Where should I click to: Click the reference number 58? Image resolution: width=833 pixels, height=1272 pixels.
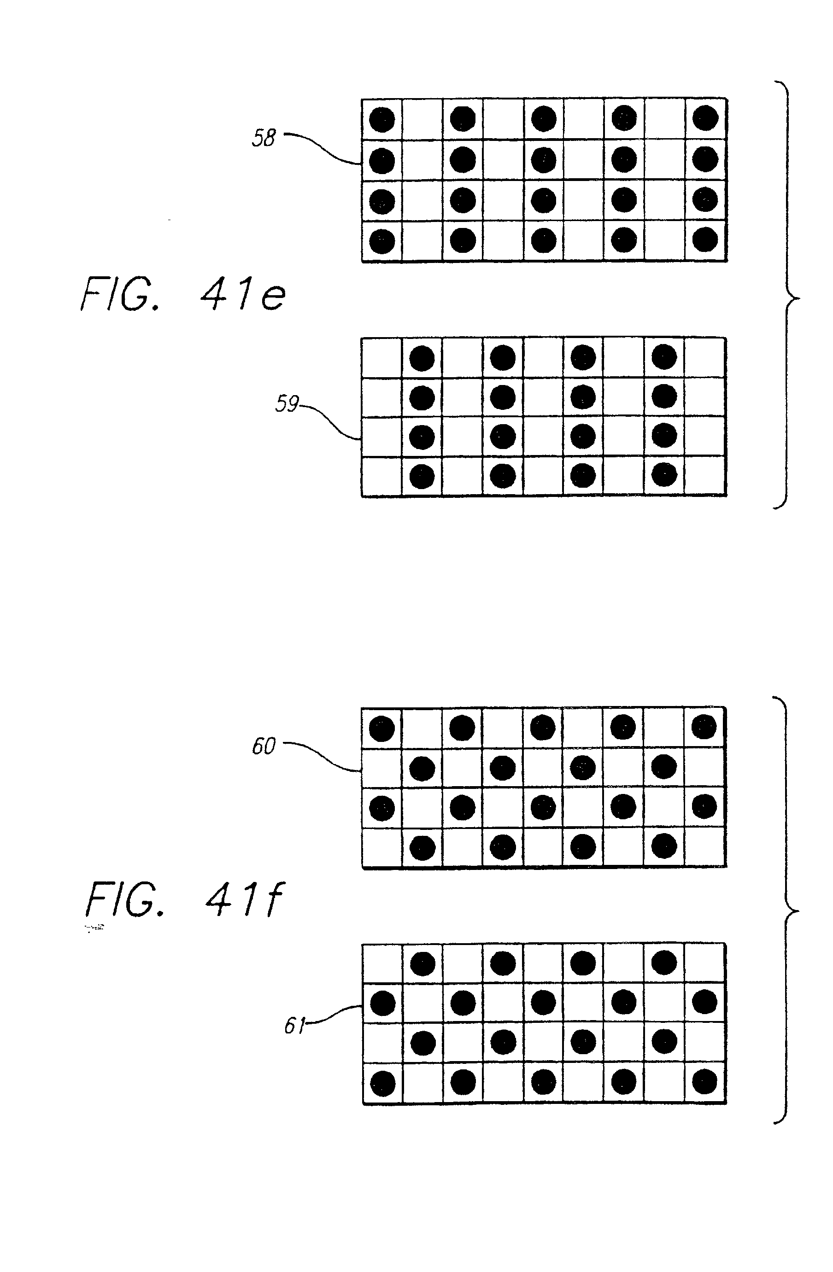point(264,138)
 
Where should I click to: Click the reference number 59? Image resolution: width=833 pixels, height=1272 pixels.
point(287,403)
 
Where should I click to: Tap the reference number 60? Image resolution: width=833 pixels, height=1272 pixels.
point(264,746)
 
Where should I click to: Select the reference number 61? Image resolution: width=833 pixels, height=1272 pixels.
point(294,1025)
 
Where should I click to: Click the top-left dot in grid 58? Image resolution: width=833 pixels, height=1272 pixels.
point(382,119)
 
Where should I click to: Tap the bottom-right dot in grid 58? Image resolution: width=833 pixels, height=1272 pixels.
point(704,240)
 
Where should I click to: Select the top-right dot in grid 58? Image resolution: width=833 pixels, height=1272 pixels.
point(704,118)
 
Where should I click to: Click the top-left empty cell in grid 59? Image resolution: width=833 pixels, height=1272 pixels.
point(382,357)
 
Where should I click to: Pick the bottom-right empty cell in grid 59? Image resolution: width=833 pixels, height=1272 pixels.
point(704,476)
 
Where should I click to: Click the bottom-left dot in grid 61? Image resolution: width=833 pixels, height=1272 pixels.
point(383,1084)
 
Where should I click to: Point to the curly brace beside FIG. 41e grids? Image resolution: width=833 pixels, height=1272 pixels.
point(787,295)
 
